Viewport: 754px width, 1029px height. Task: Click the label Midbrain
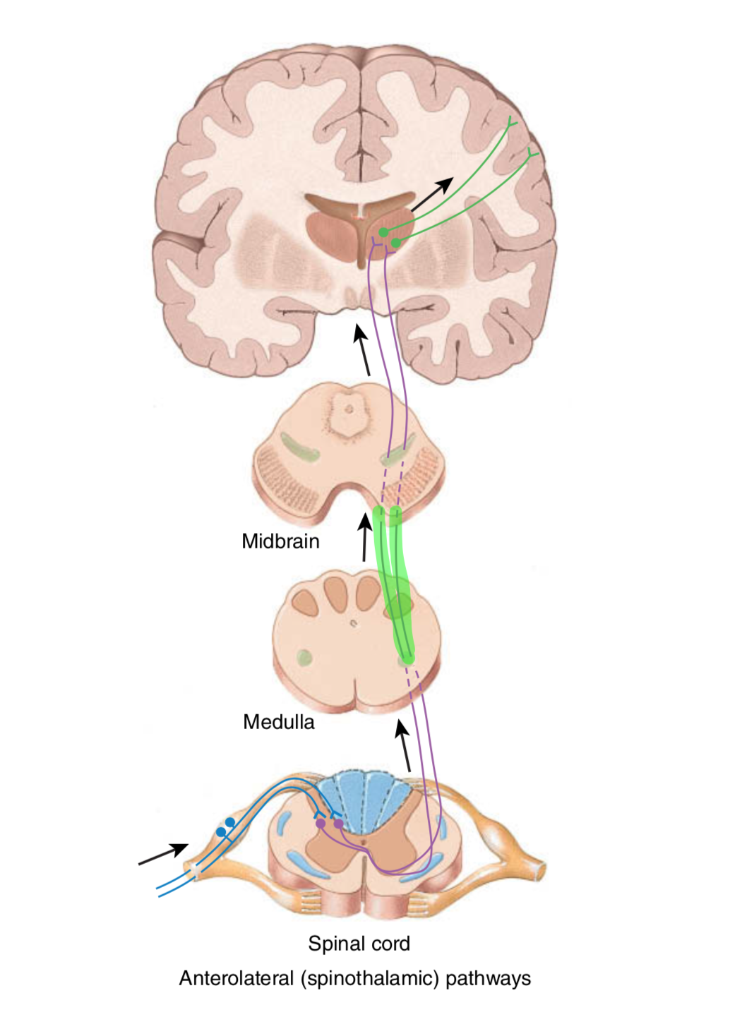tap(280, 541)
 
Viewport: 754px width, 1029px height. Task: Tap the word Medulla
tap(278, 722)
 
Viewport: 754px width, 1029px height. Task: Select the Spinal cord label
tap(359, 944)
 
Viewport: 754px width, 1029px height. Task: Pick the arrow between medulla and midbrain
tap(364, 537)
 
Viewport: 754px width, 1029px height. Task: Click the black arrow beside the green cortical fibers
tap(431, 194)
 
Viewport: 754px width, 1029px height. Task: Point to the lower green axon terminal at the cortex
tap(533, 152)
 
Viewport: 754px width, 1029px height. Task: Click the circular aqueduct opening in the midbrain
tap(347, 409)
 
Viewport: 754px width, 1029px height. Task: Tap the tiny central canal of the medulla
tap(354, 623)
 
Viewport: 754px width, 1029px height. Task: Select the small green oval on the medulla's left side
tap(304, 658)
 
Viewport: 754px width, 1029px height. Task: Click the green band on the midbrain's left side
tap(299, 447)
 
